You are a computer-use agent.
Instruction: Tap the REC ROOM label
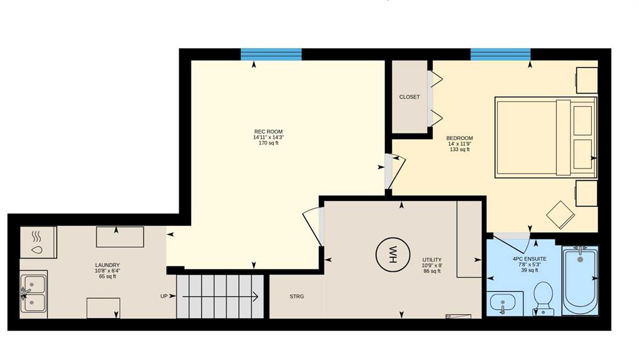click(268, 132)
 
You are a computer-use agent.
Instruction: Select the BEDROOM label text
click(459, 138)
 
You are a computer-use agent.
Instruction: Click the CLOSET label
click(409, 97)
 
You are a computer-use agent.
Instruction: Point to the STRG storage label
click(296, 296)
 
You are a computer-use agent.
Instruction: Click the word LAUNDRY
click(107, 265)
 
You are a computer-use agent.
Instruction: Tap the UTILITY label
click(432, 260)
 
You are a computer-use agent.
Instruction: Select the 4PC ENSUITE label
click(529, 258)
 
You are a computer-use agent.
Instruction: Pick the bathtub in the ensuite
click(580, 280)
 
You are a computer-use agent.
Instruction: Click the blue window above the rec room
click(271, 54)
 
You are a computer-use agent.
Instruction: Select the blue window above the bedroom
click(500, 54)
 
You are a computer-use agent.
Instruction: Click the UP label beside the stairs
click(164, 296)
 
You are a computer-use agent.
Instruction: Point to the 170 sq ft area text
click(268, 143)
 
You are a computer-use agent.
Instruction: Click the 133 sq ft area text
click(460, 150)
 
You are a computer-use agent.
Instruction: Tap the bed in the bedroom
click(545, 137)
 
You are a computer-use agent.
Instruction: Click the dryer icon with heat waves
click(38, 242)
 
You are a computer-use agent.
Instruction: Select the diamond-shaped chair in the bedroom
click(560, 215)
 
